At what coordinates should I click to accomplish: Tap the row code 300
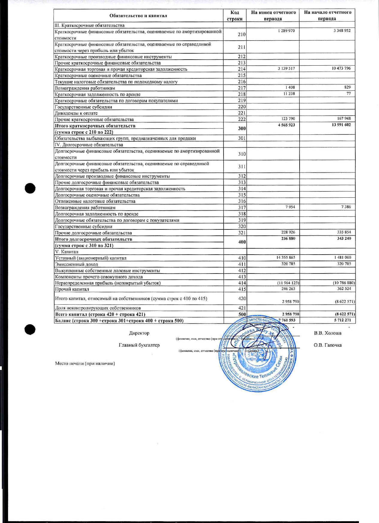tap(242, 129)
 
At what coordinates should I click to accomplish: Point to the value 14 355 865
tap(286, 258)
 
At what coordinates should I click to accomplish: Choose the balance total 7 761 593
tap(287, 320)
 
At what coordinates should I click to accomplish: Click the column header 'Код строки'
tap(235, 16)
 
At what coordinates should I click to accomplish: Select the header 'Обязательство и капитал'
tap(138, 16)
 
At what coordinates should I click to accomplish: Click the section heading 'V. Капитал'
tap(67, 252)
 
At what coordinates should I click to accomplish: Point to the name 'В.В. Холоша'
tap(327, 333)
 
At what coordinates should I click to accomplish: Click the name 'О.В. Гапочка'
tap(327, 345)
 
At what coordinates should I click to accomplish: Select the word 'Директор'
tap(139, 333)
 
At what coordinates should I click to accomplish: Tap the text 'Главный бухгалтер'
tap(139, 345)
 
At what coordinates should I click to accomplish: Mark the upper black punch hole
tap(30, 188)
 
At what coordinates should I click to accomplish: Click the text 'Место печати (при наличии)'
tap(85, 364)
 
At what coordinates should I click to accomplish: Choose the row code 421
tap(242, 308)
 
